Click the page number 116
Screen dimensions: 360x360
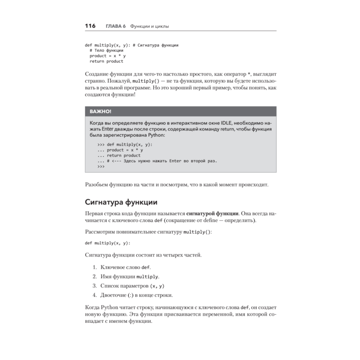click(90, 26)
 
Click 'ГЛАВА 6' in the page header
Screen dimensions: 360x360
click(116, 26)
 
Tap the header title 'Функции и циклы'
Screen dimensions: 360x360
click(149, 26)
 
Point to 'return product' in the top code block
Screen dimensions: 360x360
click(106, 61)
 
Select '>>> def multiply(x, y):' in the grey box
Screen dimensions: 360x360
click(125, 144)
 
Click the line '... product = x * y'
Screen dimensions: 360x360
click(120, 150)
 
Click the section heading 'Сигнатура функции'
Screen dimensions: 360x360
click(121, 202)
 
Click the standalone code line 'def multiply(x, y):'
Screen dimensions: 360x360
click(107, 243)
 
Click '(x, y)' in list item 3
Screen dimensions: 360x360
click(157, 286)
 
